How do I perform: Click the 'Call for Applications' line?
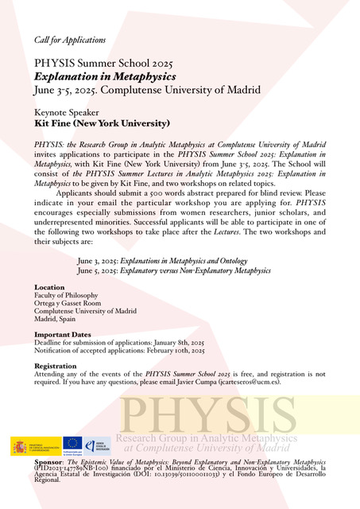70,39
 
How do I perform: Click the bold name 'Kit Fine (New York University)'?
102,124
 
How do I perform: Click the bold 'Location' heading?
50,287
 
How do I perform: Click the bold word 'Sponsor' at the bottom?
48,461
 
